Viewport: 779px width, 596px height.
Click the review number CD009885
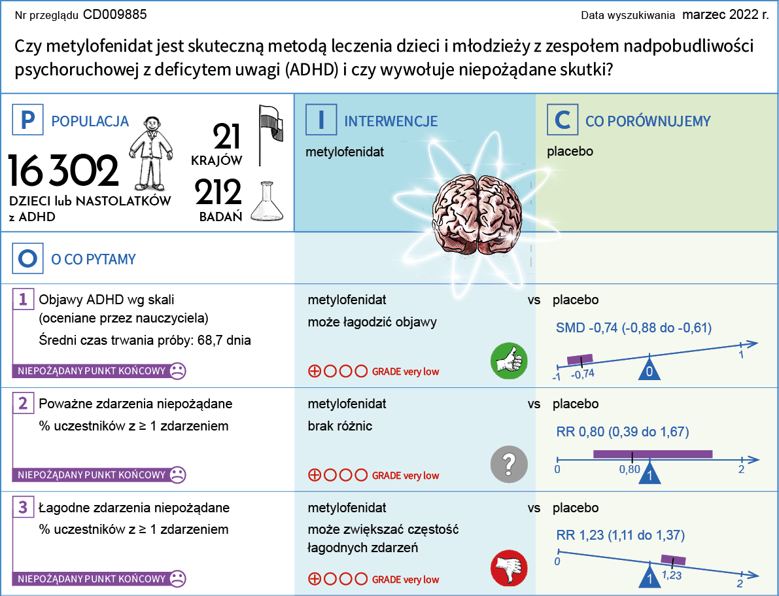pos(115,14)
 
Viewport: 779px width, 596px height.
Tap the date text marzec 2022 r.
pos(725,14)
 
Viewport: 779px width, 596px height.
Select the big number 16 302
pos(63,171)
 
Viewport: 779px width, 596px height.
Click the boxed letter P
pos(27,121)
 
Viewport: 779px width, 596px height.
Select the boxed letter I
pos(321,121)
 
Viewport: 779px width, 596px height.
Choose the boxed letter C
pos(563,121)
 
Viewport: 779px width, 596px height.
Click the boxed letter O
pos(27,259)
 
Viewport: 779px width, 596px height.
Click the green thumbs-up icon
pos(509,359)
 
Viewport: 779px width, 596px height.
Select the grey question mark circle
pos(509,464)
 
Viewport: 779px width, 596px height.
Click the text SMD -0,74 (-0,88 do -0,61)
pos(633,328)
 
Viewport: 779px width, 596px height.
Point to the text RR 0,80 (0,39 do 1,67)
pos(622,432)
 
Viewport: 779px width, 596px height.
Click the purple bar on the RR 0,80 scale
pos(652,454)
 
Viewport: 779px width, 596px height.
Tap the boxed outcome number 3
pos(23,507)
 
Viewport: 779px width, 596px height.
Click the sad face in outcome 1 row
pos(177,371)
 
